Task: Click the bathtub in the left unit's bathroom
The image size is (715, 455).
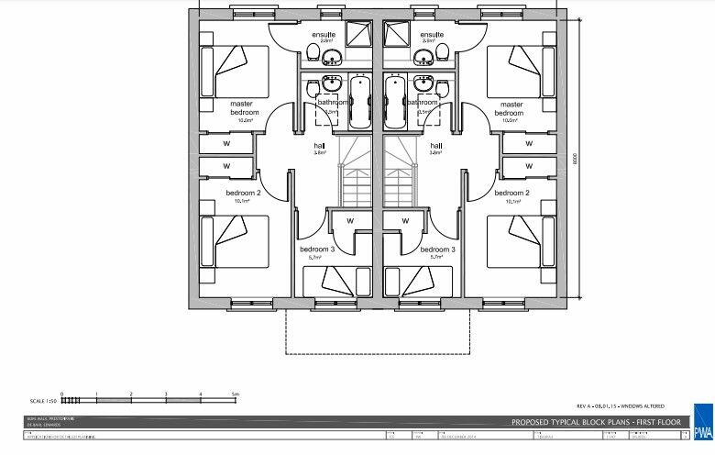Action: pyautogui.click(x=359, y=104)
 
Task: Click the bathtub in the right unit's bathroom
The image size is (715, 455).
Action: pyautogui.click(x=396, y=104)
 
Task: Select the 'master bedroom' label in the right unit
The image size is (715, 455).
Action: pyautogui.click(x=511, y=108)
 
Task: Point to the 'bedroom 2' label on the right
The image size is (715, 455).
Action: pyautogui.click(x=512, y=194)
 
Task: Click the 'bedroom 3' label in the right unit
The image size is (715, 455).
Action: pyautogui.click(x=437, y=250)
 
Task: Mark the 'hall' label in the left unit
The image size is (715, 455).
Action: pyautogui.click(x=317, y=146)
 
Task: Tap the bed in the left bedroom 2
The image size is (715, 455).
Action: pyautogui.click(x=233, y=240)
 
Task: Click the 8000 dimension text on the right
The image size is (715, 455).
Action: pyautogui.click(x=576, y=158)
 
